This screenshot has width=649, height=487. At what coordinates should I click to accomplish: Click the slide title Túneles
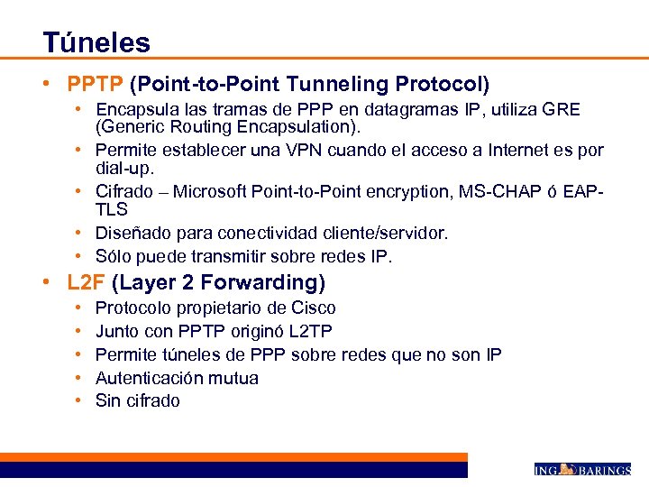(x=96, y=41)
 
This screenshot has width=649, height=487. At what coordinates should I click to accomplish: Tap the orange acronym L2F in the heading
(x=87, y=282)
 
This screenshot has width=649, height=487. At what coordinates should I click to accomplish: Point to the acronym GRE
(x=562, y=110)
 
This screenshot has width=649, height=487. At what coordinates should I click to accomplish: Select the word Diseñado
(x=131, y=233)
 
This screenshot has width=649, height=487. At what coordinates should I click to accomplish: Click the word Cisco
(x=313, y=308)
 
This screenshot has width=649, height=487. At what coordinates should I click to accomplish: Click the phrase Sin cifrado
(x=137, y=400)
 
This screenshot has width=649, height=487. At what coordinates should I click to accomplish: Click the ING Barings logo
(x=582, y=469)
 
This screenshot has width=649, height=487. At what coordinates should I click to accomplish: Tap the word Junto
(x=117, y=331)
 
